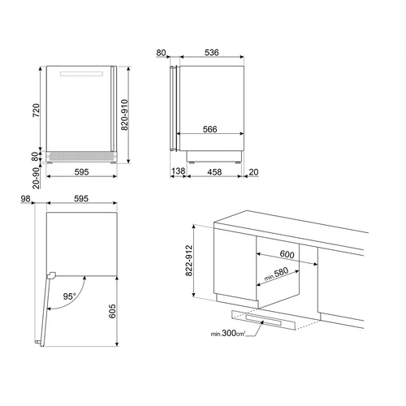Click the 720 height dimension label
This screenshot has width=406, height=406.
point(36,110)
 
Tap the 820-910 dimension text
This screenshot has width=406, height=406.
point(124,114)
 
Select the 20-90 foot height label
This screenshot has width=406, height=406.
point(36,178)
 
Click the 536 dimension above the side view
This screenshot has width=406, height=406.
point(211,52)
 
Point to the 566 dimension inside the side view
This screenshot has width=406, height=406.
point(210,129)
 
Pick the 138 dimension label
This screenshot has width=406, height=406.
point(179,171)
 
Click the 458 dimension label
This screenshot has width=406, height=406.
point(214,172)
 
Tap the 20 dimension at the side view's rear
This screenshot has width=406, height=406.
point(253,172)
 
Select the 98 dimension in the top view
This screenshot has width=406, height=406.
point(25,199)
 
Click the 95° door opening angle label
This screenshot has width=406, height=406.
point(70,296)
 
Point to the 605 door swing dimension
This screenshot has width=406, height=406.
point(112,311)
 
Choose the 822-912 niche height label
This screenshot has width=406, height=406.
point(189,261)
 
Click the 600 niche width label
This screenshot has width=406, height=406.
point(287,254)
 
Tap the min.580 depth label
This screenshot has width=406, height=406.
point(276,274)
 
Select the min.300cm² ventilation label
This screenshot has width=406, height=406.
point(228,333)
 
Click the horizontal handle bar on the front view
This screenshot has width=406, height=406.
point(81,74)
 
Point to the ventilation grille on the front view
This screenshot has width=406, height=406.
point(81,156)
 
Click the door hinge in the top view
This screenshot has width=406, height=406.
point(51,275)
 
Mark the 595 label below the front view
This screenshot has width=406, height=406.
point(81,172)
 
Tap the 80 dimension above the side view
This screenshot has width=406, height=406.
point(161,53)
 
